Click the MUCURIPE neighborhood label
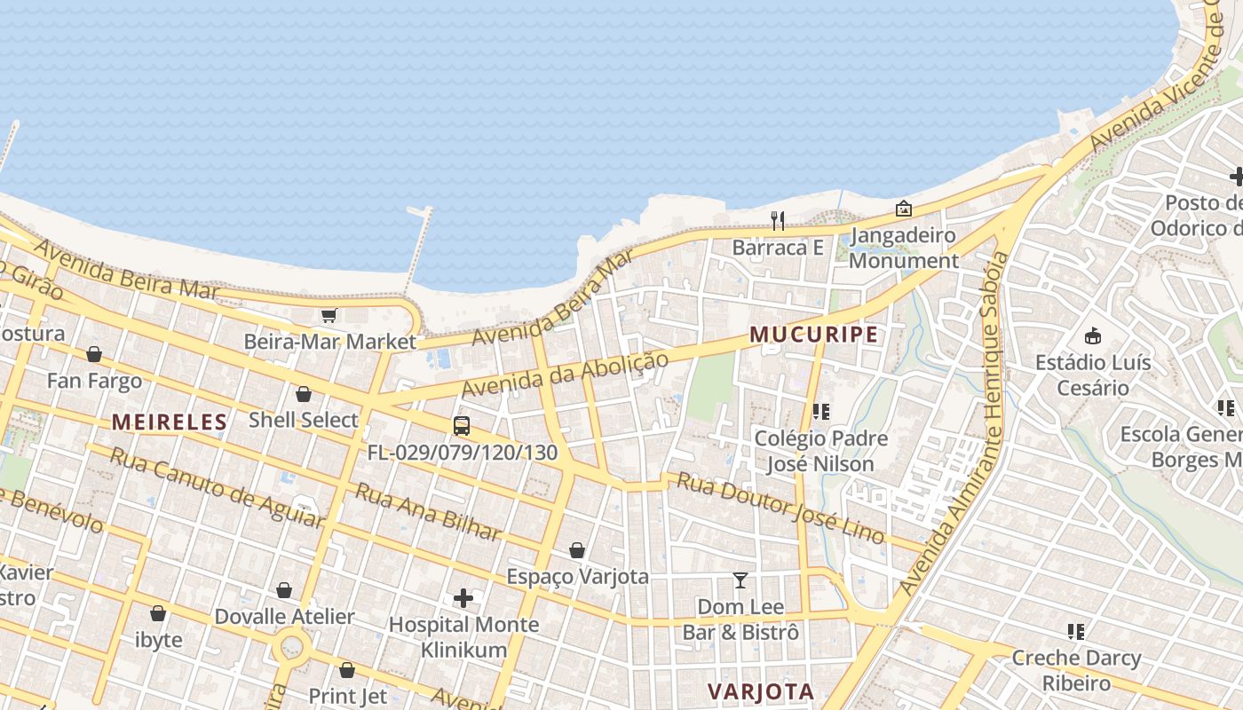click(814, 335)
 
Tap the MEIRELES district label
click(170, 422)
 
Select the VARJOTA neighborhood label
click(761, 691)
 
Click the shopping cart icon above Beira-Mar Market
click(329, 315)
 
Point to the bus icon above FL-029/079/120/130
click(462, 425)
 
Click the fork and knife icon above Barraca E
click(778, 220)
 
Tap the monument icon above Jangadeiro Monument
click(904, 209)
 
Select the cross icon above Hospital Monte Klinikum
click(463, 598)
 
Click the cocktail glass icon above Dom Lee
click(740, 580)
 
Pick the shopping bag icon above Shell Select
click(304, 394)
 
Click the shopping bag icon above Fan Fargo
click(94, 354)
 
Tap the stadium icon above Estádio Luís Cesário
click(1093, 335)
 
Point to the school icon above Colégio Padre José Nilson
click(820, 412)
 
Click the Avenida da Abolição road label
click(564, 375)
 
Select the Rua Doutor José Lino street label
click(780, 507)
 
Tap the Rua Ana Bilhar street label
click(428, 512)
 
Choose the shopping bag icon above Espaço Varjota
click(577, 550)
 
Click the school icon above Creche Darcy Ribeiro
click(1076, 632)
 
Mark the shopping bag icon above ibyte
click(158, 613)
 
